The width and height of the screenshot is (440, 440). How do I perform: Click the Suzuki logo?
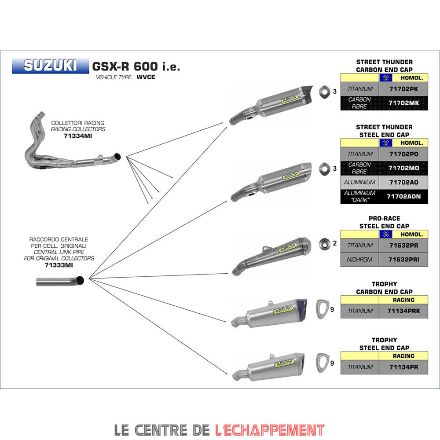click(x=50, y=66)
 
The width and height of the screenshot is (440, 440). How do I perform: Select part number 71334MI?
click(x=78, y=136)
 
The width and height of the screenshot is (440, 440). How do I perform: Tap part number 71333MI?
click(x=59, y=265)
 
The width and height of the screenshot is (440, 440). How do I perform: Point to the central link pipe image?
click(x=60, y=281)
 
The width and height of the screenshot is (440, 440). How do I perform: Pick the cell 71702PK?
click(x=403, y=89)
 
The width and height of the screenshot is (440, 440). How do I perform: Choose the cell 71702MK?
click(x=403, y=103)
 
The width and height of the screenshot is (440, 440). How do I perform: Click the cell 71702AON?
click(x=403, y=196)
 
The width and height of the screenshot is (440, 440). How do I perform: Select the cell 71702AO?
click(x=403, y=182)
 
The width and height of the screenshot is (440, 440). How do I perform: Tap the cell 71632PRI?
click(x=403, y=260)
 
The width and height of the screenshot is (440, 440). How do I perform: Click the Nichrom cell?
click(x=360, y=260)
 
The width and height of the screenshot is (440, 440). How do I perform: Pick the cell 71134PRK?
click(x=403, y=311)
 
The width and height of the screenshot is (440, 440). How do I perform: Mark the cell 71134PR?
click(x=403, y=367)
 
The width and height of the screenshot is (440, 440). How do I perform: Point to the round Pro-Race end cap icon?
click(x=324, y=243)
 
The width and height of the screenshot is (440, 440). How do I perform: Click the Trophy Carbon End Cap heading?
click(x=384, y=288)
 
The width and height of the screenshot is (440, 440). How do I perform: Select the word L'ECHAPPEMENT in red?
click(x=270, y=429)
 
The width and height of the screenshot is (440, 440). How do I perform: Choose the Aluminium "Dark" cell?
click(x=360, y=196)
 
